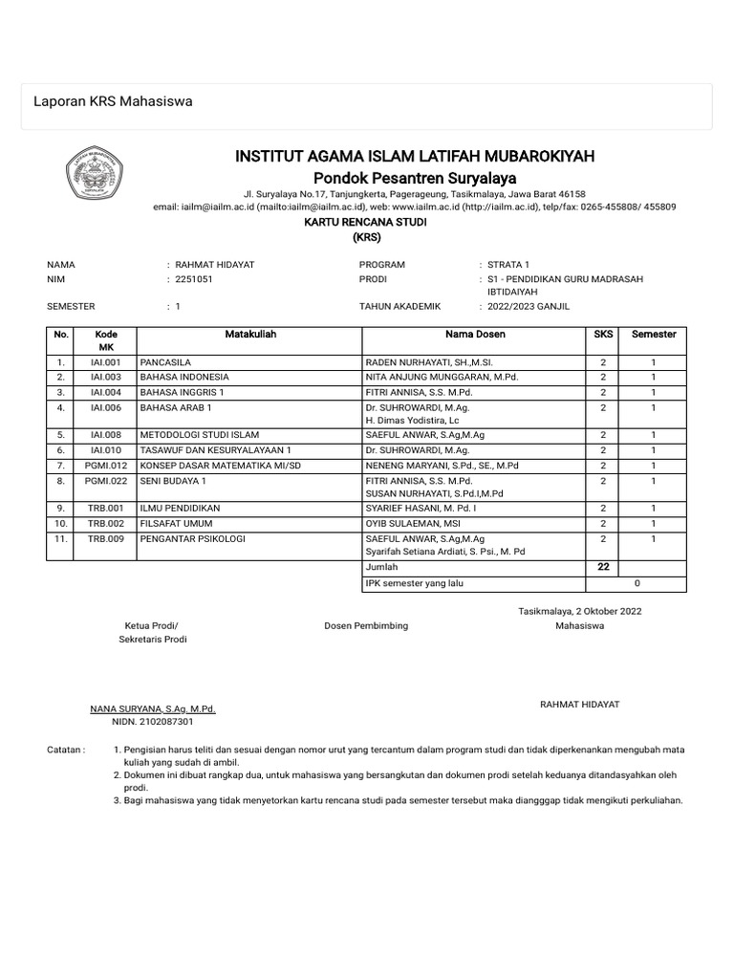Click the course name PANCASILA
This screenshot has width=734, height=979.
tap(166, 362)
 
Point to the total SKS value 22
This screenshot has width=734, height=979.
tap(603, 567)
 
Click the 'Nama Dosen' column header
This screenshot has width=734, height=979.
tap(475, 335)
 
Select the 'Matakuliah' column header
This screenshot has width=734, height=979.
tap(250, 335)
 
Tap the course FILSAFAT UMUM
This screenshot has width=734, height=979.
tap(177, 524)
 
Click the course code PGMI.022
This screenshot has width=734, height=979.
tap(106, 480)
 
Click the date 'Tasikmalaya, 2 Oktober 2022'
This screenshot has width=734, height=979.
tap(580, 610)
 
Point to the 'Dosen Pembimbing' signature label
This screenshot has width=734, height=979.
tap(366, 625)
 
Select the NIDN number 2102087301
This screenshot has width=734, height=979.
tap(153, 723)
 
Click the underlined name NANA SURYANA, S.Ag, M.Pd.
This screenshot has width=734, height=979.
tap(153, 709)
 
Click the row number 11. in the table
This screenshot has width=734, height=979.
tap(61, 539)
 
